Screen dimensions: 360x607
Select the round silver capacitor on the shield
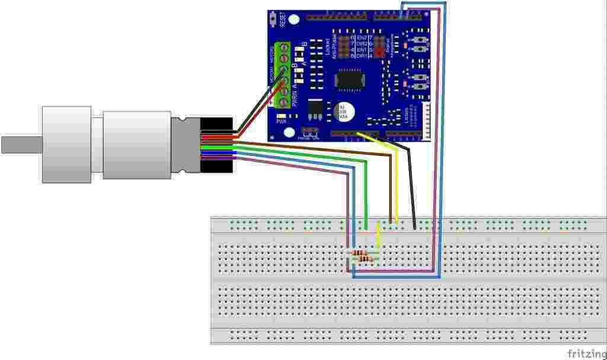tap(344, 111)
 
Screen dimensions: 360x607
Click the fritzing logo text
tap(586, 353)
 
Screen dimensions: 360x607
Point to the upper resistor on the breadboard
tap(359, 253)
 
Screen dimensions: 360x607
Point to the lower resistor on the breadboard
tap(366, 259)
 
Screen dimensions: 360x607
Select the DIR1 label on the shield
tap(362, 56)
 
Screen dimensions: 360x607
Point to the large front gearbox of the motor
tap(66, 145)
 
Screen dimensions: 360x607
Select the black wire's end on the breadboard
tap(414, 227)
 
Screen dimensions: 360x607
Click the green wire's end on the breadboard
tap(366, 227)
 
